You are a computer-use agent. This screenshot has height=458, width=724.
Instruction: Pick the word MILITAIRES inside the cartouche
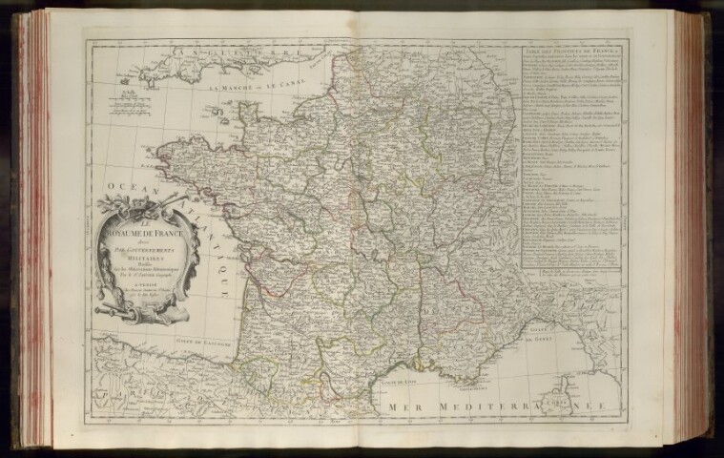coord(143,245)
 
